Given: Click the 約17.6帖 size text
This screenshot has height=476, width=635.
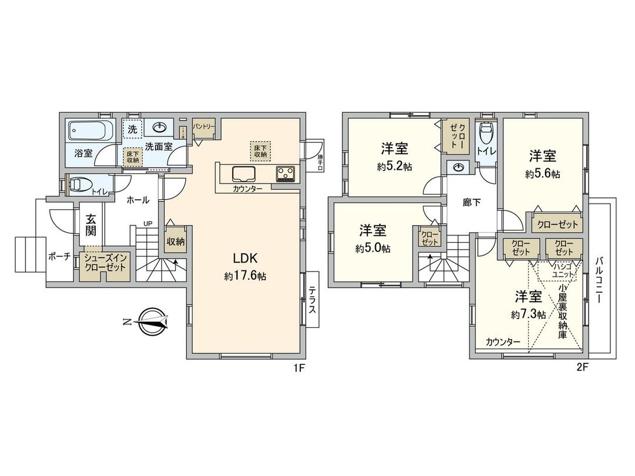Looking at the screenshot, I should point(245,276).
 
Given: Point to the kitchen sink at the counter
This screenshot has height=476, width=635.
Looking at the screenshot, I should point(244,174).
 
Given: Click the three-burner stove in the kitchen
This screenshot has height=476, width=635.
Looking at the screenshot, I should point(286,173).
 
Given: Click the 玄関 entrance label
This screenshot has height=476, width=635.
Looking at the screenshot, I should point(91,225).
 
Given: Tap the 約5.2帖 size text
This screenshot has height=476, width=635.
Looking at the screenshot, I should point(395,166).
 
